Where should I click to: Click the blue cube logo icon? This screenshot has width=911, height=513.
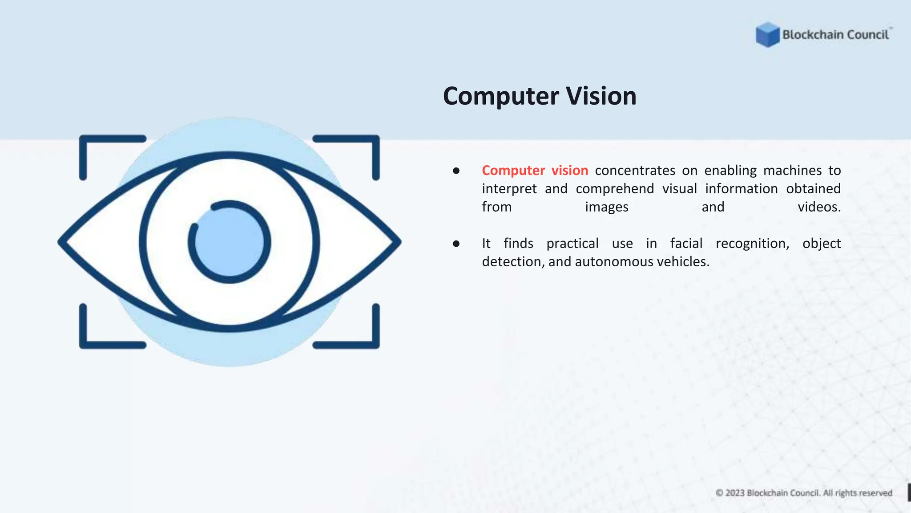tap(767, 35)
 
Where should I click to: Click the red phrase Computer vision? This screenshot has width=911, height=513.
tap(535, 171)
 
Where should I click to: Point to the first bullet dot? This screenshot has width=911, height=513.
tap(456, 171)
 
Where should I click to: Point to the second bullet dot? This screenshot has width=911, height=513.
tap(456, 244)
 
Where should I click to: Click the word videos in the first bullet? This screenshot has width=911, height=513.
tap(819, 207)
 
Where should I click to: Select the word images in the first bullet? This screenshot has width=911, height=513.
tap(606, 208)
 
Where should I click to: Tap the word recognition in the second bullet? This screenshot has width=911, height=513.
tap(752, 244)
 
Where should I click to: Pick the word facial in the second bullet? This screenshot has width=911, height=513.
tap(686, 244)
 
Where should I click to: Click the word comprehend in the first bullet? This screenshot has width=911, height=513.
tap(615, 189)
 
